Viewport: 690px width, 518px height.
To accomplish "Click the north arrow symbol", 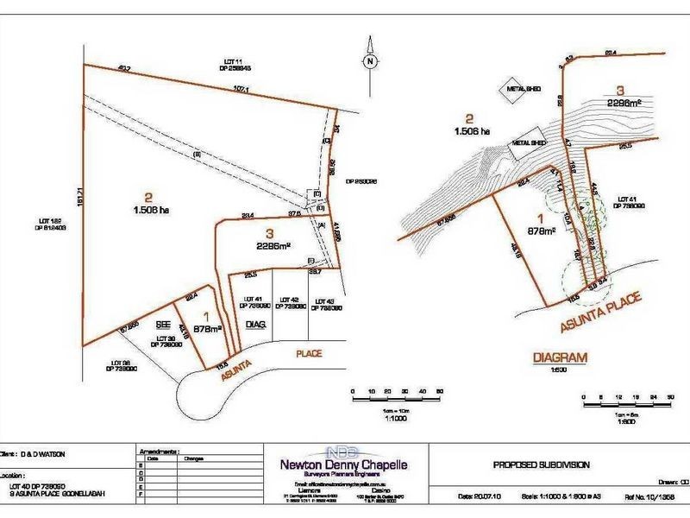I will [368, 60].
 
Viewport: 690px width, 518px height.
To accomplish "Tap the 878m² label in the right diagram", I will [540, 231].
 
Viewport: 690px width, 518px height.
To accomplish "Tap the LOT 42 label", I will [293, 303].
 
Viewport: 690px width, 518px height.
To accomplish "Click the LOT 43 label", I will [325, 303].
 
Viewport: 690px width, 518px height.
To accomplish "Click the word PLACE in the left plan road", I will [309, 353].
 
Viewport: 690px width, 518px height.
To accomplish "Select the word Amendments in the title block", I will [159, 451].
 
